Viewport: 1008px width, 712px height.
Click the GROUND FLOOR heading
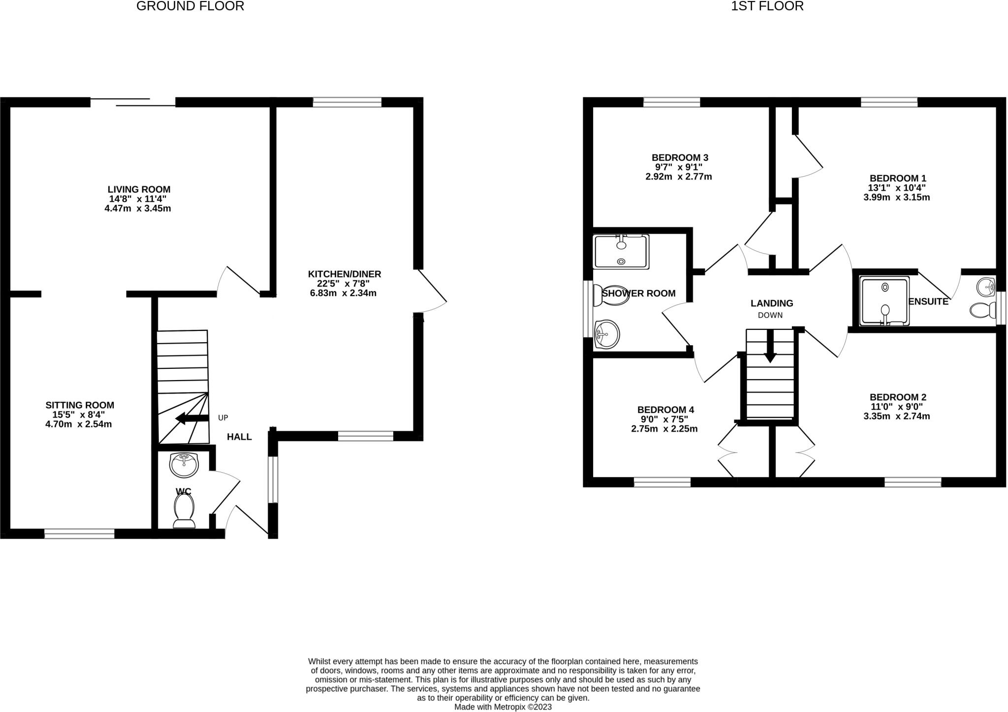pos(190,6)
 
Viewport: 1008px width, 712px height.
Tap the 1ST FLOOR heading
pos(767,6)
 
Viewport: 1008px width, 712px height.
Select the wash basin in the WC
pos(184,465)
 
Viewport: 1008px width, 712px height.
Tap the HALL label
pos(239,437)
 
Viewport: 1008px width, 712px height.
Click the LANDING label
pos(772,303)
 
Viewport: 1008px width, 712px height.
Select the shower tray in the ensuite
pos(884,301)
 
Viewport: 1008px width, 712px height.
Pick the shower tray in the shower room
pos(621,251)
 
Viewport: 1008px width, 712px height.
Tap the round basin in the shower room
pos(606,335)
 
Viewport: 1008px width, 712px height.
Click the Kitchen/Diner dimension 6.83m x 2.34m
pos(343,293)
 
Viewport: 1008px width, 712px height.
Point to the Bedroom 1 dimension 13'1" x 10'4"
pos(896,188)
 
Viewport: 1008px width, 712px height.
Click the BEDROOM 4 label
pos(665,410)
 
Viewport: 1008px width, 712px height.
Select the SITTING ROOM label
pos(80,405)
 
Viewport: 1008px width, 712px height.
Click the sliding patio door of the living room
pos(133,102)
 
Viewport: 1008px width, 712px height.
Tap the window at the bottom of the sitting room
pos(79,533)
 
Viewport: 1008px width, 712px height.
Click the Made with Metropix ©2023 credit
pos(503,707)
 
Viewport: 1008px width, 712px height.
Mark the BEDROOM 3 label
pos(680,158)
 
